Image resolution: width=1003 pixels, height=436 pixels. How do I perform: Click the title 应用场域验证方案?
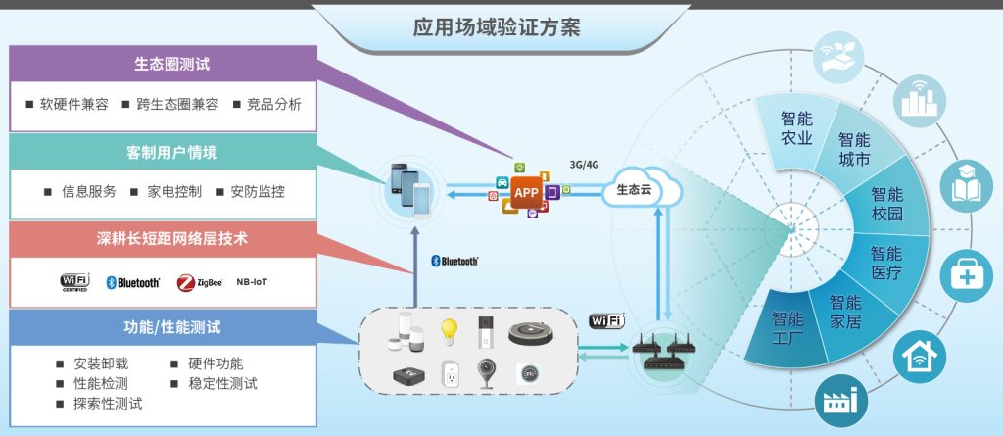click(x=497, y=28)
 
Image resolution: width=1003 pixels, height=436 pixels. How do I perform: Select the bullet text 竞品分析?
click(x=274, y=105)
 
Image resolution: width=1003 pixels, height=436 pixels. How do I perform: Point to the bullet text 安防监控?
click(x=258, y=191)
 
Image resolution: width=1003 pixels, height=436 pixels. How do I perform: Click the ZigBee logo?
click(x=200, y=282)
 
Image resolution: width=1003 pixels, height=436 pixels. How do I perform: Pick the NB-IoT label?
click(x=252, y=282)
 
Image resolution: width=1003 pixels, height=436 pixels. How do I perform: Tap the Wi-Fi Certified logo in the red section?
click(x=74, y=282)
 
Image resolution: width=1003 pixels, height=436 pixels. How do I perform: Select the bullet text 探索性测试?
click(x=108, y=404)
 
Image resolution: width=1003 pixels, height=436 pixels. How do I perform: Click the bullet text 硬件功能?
click(x=215, y=364)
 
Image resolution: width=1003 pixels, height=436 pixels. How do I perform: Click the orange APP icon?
click(x=526, y=192)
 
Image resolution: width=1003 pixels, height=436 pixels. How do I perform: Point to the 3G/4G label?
click(x=584, y=164)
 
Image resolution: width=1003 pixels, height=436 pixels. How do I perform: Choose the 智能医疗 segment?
click(x=885, y=263)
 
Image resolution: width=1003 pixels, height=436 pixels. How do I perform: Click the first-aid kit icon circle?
click(x=966, y=276)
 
